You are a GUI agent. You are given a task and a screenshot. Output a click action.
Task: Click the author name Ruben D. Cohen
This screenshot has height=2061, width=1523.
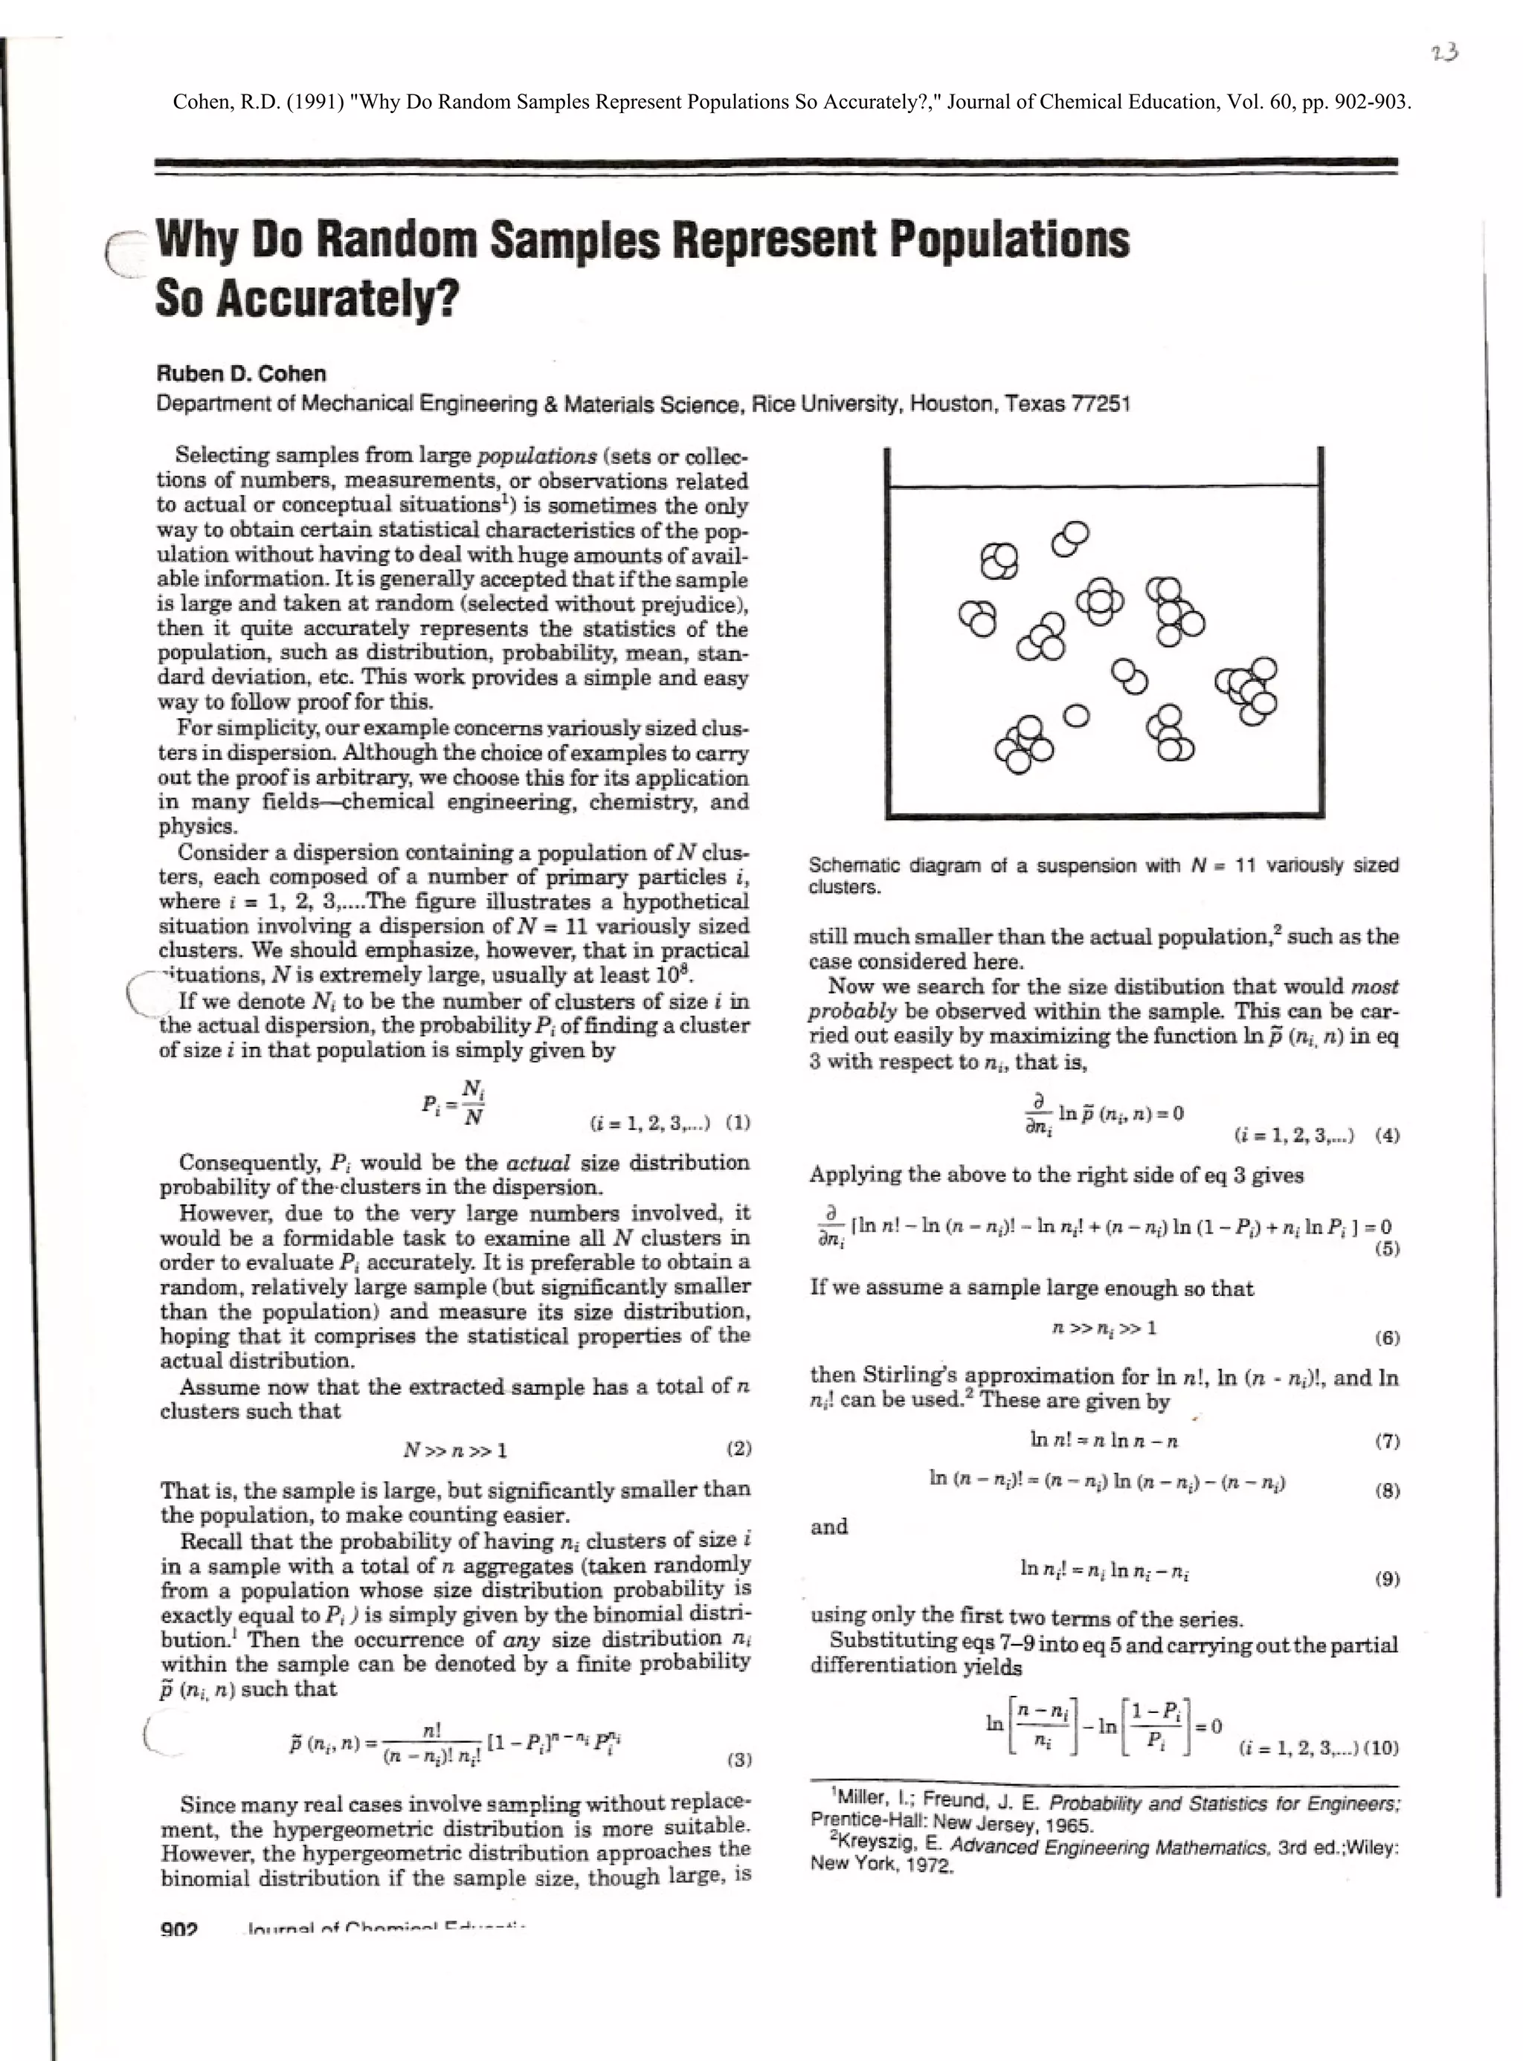point(241,373)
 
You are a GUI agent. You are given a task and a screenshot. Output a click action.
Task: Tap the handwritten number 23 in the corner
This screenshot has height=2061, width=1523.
point(1445,53)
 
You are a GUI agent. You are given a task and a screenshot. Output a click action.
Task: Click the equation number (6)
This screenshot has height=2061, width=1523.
point(1387,1338)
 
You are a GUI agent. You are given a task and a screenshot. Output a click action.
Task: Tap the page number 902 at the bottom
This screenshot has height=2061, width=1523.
point(179,1929)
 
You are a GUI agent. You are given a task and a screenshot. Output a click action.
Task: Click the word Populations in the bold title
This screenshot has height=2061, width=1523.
point(1008,239)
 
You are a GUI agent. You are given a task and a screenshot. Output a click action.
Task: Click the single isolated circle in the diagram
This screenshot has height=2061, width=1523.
point(1077,715)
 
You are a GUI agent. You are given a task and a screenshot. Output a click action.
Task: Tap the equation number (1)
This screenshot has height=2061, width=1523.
point(738,1123)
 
